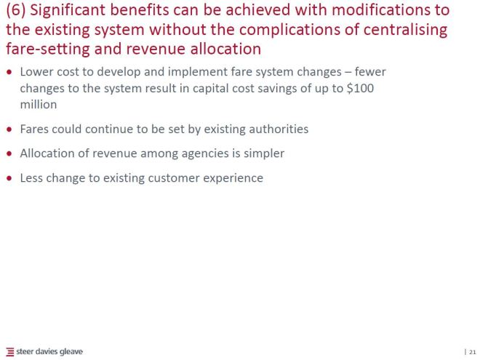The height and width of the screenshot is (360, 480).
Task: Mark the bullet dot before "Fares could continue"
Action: [x=9, y=130]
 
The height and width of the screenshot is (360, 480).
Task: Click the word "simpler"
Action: [x=262, y=153]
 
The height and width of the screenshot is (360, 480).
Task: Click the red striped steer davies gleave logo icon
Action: [x=9, y=352]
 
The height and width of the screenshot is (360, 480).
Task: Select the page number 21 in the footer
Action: [x=472, y=352]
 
